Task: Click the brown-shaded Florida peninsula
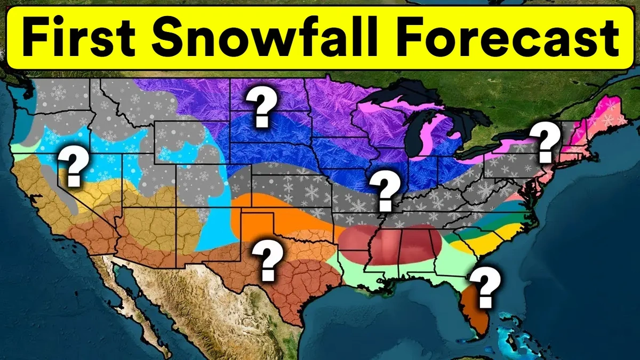point(475,312)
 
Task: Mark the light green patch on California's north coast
point(19,145)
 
